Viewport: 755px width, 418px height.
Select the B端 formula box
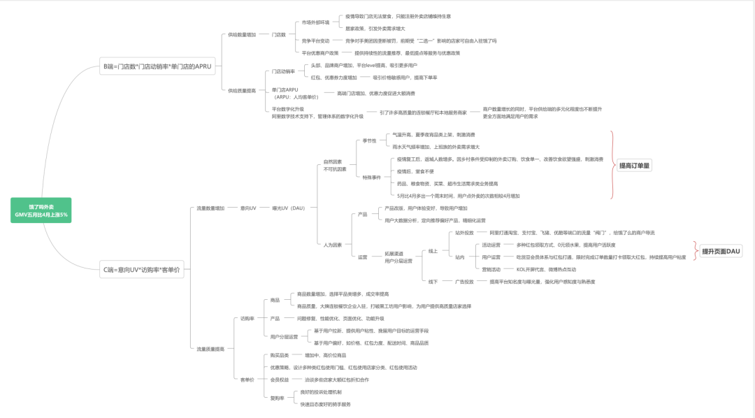tap(157, 67)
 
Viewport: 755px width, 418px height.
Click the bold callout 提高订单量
tap(635, 166)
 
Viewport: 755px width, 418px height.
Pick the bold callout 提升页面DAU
tap(720, 251)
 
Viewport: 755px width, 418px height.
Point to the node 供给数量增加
tap(242, 34)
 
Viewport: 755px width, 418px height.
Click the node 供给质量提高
tap(242, 90)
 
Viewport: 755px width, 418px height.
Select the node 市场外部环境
tap(315, 22)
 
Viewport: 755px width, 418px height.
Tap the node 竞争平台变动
tap(315, 41)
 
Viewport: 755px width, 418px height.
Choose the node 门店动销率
tap(283, 71)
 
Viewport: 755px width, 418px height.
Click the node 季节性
tap(369, 140)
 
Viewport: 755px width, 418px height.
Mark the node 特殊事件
tap(371, 177)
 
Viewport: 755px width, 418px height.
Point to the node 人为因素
tap(333, 245)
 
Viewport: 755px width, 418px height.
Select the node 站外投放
tap(464, 233)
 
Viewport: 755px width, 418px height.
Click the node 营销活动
tap(491, 269)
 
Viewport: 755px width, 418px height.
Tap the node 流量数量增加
tap(210, 208)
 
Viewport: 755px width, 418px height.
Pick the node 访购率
tap(247, 318)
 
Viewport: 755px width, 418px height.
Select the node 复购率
tap(278, 398)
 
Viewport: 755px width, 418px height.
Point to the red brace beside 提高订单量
tap(612, 166)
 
